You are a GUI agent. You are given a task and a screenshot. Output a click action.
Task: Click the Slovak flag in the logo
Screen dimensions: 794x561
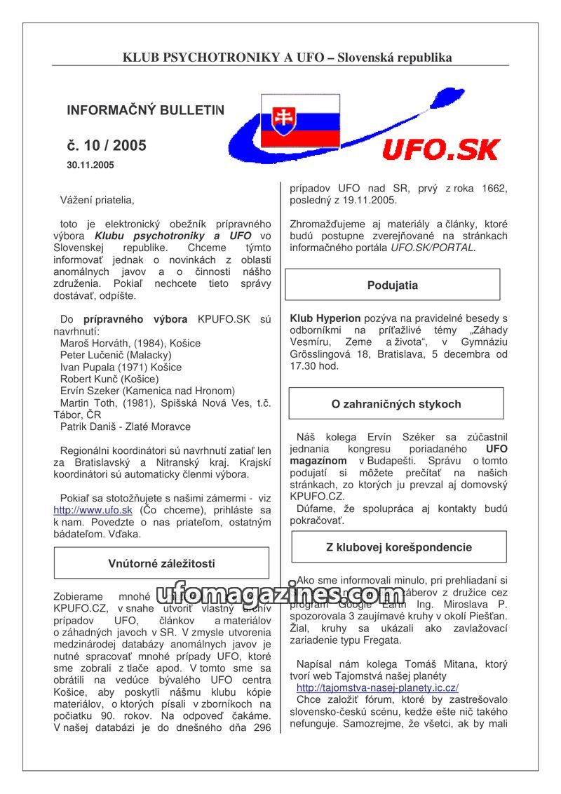300,121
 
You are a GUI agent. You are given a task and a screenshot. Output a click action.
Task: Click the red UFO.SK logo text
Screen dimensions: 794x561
440,149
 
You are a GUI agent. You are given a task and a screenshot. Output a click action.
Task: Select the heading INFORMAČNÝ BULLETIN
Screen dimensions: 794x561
146,110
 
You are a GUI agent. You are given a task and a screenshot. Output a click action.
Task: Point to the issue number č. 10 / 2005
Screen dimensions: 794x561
107,146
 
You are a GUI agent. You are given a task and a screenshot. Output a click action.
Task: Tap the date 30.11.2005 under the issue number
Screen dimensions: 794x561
90,166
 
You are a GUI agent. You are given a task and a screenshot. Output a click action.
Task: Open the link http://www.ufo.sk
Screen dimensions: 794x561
93,510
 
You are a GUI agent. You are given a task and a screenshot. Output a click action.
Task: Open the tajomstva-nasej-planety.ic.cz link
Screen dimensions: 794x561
377,688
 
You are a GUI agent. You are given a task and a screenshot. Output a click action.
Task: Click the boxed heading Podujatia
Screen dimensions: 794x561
392,285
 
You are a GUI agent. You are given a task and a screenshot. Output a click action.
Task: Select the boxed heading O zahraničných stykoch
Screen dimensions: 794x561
396,404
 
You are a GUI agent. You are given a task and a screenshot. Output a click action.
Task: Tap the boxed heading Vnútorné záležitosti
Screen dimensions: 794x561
161,563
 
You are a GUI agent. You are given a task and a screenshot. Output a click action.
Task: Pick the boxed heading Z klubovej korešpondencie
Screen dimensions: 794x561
398,547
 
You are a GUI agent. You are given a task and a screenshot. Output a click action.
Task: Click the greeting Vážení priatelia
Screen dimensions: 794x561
97,201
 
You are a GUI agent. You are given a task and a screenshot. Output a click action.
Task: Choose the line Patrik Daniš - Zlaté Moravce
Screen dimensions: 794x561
125,426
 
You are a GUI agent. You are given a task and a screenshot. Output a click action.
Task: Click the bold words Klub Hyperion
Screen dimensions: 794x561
325,318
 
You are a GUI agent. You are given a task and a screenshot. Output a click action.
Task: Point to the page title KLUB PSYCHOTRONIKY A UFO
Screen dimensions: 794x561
224,58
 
